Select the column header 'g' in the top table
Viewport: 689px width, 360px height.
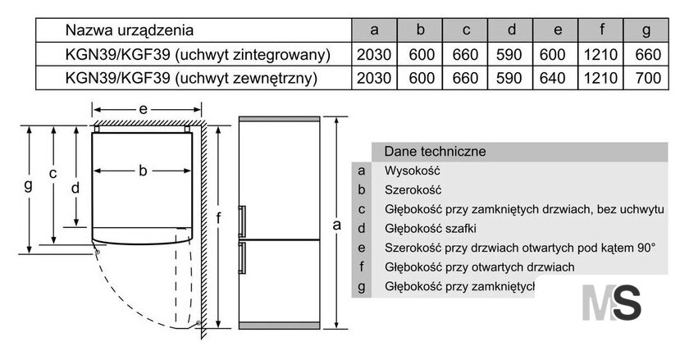[646, 30]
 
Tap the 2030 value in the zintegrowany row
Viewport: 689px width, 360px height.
[374, 54]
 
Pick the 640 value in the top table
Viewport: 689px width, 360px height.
[552, 78]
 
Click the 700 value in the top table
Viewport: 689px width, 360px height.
[648, 78]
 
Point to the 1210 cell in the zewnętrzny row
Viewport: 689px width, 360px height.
[600, 78]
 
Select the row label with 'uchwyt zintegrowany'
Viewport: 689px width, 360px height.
[198, 54]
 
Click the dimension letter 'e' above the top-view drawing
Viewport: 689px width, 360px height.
[143, 108]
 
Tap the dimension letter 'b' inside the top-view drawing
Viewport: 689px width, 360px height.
[143, 170]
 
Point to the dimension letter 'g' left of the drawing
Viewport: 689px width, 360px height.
[29, 185]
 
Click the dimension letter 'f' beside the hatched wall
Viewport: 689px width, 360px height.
[219, 217]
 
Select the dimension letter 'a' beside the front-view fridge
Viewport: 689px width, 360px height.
[336, 225]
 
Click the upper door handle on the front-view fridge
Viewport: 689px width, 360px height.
[242, 221]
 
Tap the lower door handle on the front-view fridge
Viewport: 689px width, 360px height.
[242, 258]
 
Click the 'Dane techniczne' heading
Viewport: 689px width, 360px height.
[435, 152]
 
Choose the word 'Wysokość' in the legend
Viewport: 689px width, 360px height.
[412, 171]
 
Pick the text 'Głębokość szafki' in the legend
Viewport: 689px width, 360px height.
[430, 229]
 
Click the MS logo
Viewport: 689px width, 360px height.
[611, 303]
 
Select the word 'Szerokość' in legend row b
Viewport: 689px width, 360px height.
[413, 190]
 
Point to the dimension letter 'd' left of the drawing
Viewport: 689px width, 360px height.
[75, 188]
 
